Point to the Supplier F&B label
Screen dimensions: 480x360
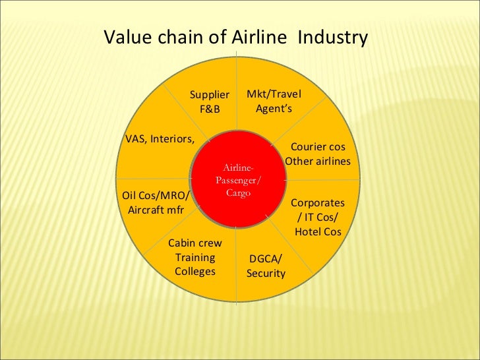coord(210,102)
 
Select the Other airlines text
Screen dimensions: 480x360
coord(318,162)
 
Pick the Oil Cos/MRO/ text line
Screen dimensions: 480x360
coord(156,195)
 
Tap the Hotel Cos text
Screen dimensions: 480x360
coord(318,231)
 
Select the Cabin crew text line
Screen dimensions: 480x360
coord(195,243)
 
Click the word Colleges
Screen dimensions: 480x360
coord(195,272)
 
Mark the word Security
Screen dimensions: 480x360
coord(266,273)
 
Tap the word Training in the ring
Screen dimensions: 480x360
coord(195,257)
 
